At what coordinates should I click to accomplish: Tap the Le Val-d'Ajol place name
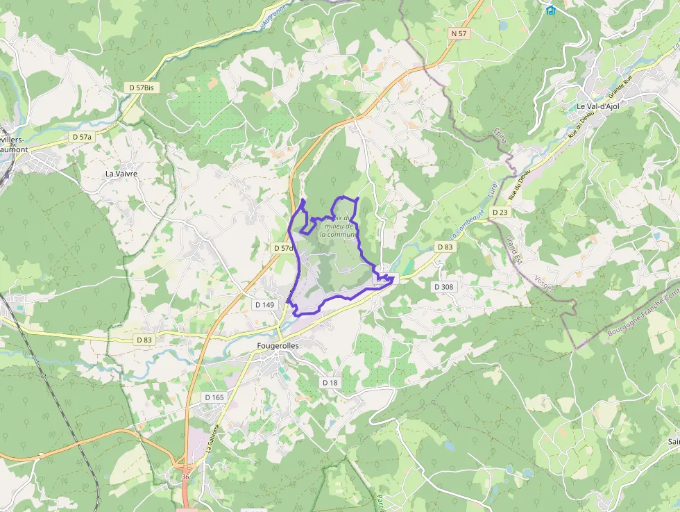pyautogui.click(x=597, y=106)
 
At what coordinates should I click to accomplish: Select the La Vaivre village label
pyautogui.click(x=121, y=174)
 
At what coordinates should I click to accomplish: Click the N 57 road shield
pyautogui.click(x=458, y=33)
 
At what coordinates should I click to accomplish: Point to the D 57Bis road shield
pyautogui.click(x=141, y=88)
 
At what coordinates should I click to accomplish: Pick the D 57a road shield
pyautogui.click(x=82, y=138)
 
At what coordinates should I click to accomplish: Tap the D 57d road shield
pyautogui.click(x=282, y=248)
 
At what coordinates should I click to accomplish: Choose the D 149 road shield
pyautogui.click(x=265, y=304)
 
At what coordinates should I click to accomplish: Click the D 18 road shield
pyautogui.click(x=330, y=383)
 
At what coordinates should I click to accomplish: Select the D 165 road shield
pyautogui.click(x=214, y=397)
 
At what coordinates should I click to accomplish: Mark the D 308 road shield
pyautogui.click(x=443, y=286)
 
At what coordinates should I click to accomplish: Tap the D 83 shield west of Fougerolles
pyautogui.click(x=144, y=340)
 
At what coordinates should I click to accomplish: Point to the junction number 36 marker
pyautogui.click(x=185, y=477)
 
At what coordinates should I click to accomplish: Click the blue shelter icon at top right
pyautogui.click(x=550, y=10)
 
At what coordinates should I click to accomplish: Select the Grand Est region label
pyautogui.click(x=514, y=251)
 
